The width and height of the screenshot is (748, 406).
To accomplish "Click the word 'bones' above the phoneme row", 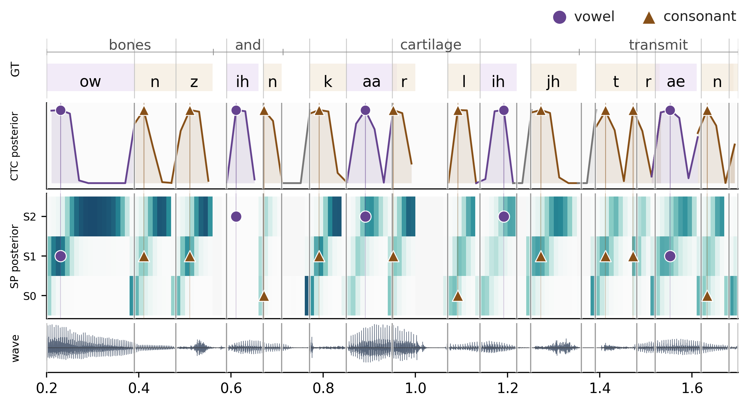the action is [130, 45].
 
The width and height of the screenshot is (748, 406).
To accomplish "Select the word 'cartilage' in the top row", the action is [431, 45].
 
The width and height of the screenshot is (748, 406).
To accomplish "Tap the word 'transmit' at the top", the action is [658, 45].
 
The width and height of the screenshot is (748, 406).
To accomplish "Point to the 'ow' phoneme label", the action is [90, 82].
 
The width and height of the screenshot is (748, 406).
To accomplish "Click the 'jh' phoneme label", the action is [553, 82].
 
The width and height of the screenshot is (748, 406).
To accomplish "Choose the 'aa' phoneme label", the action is [371, 82].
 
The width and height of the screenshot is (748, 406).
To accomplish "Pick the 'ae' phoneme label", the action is [676, 82].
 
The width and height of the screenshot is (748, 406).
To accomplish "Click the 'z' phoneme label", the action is [194, 82].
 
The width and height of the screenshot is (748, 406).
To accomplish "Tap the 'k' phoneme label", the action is [328, 82].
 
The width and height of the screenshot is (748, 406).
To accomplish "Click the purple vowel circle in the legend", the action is [559, 17].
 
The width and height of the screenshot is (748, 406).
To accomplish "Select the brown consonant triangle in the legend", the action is [649, 18].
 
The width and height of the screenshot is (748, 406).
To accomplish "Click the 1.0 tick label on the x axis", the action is [415, 388].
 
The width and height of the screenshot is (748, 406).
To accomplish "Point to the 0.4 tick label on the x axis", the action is [139, 388].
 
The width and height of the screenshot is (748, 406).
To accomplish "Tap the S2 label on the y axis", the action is [30, 217].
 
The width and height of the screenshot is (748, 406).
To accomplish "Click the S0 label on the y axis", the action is [30, 296].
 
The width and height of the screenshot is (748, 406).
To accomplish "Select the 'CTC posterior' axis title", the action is [15, 146].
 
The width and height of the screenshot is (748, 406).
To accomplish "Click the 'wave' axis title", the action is [15, 348].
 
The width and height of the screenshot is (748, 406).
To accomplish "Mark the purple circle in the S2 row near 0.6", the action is [236, 216].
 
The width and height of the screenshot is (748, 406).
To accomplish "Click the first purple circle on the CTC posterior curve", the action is [61, 110].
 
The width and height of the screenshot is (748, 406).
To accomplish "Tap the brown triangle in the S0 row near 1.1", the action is [458, 296].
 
